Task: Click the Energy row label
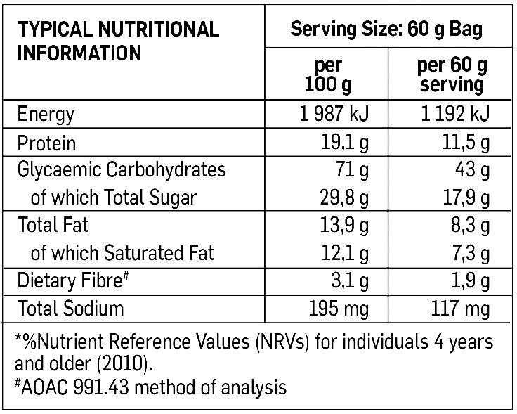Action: (46, 114)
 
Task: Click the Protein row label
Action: (46, 143)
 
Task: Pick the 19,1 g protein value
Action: (345, 143)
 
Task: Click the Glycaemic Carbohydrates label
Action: (122, 170)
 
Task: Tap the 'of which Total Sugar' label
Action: (114, 198)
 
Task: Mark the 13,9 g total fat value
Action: (345, 226)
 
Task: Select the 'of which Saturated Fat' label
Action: (122, 252)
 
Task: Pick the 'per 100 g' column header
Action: (328, 75)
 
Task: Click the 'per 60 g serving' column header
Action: (450, 75)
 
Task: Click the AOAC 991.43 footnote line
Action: (150, 387)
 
